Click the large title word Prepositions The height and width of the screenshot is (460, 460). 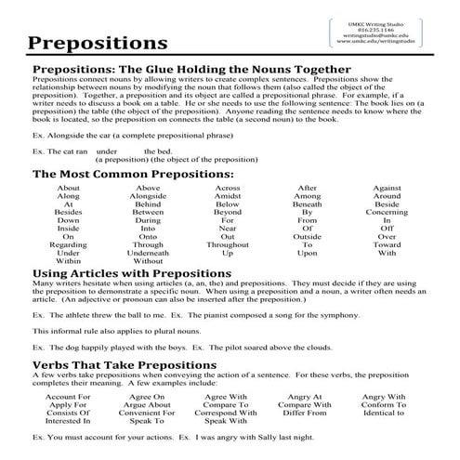(98, 43)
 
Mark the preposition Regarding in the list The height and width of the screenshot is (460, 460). (68, 243)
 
